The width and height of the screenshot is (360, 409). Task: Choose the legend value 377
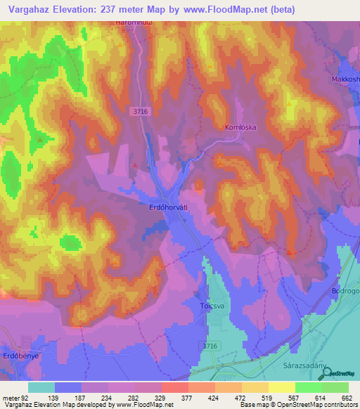188,397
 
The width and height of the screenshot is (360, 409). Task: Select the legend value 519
267,397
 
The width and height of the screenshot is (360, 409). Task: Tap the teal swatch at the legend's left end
41,387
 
